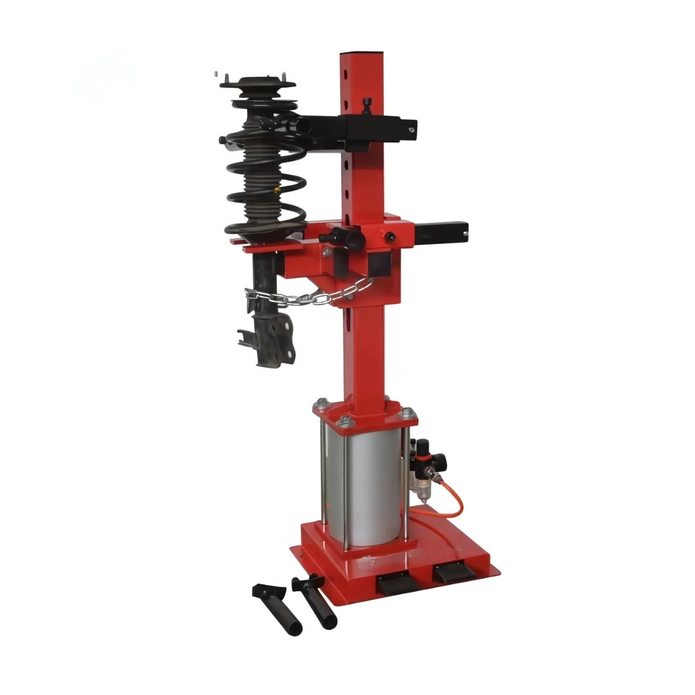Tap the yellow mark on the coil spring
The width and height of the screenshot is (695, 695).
pyautogui.click(x=277, y=191)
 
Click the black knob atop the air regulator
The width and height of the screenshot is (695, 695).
pyautogui.click(x=423, y=445)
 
